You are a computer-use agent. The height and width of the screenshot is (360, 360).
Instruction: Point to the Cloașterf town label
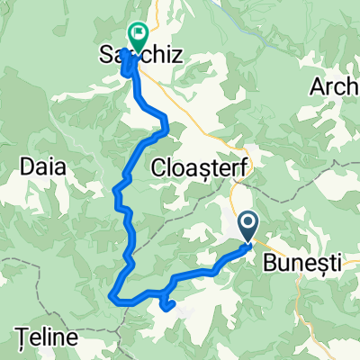[x=203, y=167]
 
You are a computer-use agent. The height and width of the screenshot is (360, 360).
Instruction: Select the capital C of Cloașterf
[x=159, y=167]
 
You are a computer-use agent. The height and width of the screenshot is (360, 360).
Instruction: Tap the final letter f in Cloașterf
[x=250, y=167]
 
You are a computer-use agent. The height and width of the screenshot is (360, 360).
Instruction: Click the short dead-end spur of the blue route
[x=168, y=306]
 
